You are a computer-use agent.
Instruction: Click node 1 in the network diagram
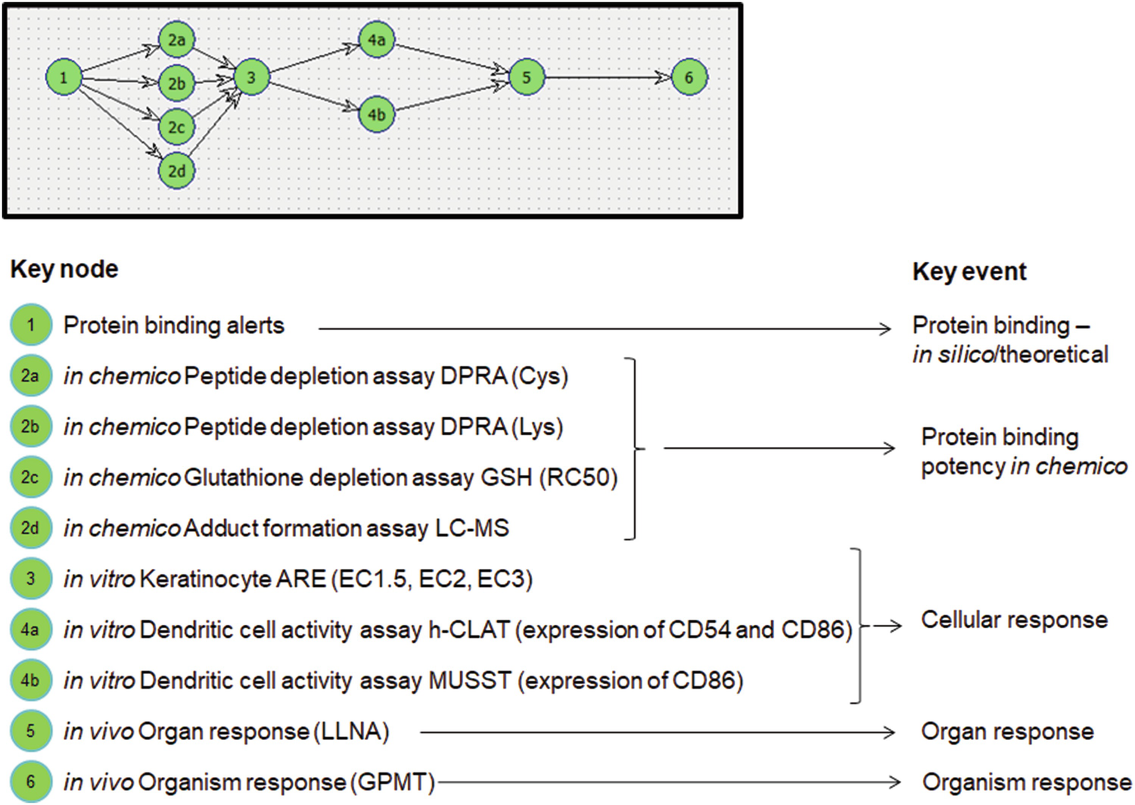point(64,77)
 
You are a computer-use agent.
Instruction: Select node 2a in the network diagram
point(176,39)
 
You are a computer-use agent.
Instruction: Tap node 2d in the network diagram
point(176,171)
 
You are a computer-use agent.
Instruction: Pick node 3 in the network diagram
point(251,77)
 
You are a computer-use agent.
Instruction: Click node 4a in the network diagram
point(377,39)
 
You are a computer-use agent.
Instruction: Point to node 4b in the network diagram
point(377,115)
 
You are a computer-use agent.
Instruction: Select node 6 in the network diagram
point(689,77)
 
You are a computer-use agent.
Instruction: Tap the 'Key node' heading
point(64,269)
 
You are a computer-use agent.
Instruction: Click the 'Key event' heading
point(969,272)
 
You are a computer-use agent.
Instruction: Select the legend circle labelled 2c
point(30,477)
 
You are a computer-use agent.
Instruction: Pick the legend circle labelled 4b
point(30,680)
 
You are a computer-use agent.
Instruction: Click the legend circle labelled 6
point(30,782)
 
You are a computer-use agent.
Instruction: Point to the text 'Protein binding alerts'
point(174,325)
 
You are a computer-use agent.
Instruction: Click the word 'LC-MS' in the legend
point(471,528)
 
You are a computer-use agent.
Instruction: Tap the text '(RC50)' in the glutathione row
point(578,477)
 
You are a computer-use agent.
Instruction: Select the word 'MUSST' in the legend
point(470,680)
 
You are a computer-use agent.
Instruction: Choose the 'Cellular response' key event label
point(1014,620)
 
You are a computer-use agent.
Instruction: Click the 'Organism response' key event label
point(1026,782)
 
